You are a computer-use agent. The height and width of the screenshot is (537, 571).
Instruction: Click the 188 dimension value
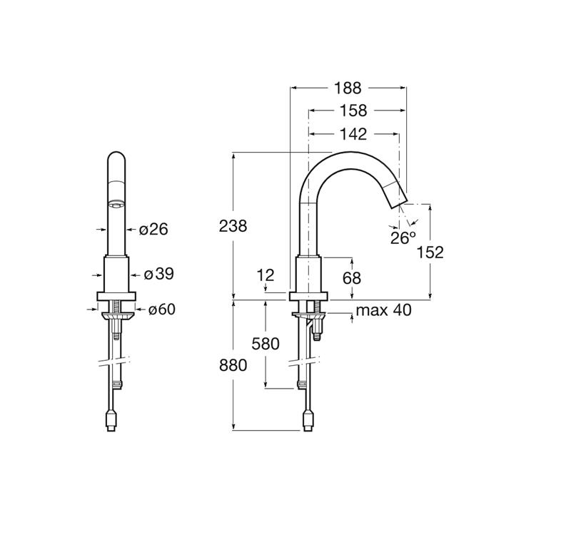(348, 88)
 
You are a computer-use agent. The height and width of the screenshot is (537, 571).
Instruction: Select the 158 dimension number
(353, 111)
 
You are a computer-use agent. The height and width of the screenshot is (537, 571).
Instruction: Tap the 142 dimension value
(353, 134)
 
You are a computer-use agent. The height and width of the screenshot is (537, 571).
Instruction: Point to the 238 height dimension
(233, 226)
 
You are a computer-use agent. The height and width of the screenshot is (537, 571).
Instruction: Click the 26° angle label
(403, 238)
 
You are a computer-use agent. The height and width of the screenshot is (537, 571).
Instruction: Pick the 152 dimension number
(430, 252)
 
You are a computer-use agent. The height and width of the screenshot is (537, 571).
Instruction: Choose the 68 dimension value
(352, 278)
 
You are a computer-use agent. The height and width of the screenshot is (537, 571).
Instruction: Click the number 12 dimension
(266, 275)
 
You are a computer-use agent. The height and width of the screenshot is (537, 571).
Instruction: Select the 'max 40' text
(384, 310)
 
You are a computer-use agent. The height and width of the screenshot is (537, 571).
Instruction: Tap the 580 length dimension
(266, 344)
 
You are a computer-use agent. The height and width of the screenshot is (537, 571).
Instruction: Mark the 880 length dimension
(233, 365)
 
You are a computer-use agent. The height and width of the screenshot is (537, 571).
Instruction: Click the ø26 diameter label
(153, 229)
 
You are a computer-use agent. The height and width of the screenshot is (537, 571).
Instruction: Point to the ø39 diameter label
(159, 274)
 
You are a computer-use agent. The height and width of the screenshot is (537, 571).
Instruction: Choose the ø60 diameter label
(162, 310)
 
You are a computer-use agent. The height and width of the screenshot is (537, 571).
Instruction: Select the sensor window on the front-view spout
(116, 205)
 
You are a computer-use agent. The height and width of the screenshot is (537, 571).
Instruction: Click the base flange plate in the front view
(116, 296)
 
